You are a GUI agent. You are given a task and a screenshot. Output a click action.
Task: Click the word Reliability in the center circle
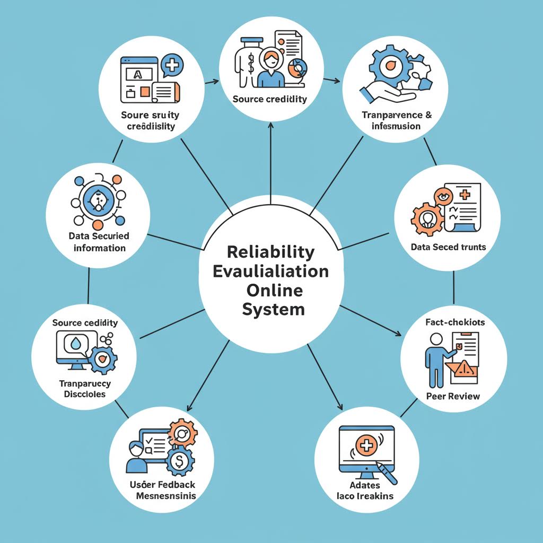(x=271, y=252)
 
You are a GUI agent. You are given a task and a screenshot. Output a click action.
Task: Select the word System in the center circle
(x=274, y=310)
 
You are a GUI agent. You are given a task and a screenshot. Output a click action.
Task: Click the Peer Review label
(x=453, y=396)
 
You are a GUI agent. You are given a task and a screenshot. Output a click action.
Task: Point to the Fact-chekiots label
(x=455, y=322)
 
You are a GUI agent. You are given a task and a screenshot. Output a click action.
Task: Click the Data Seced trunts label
(x=448, y=247)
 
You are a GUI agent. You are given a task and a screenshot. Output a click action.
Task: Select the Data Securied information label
(x=99, y=242)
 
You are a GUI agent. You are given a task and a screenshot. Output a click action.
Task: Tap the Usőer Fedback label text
(x=162, y=485)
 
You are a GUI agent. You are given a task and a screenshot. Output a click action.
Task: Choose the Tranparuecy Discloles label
(x=84, y=389)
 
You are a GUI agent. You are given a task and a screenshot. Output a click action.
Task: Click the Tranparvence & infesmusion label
(x=396, y=120)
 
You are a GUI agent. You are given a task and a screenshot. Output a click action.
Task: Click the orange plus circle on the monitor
(x=366, y=445)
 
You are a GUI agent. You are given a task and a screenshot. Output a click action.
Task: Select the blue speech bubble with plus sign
(x=172, y=65)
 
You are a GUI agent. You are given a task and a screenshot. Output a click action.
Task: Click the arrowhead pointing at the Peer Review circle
(x=398, y=334)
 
